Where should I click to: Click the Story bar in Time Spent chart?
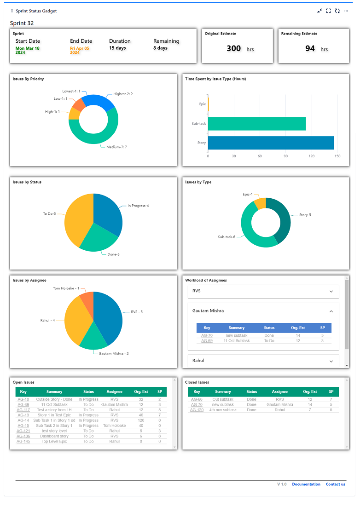(271, 143)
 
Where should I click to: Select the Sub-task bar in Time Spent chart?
(257, 123)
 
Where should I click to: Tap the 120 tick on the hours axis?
(312, 156)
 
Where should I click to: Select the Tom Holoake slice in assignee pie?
(87, 299)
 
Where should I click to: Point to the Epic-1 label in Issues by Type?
(248, 194)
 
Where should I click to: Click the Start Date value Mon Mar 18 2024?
(27, 50)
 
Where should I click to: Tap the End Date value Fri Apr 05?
(79, 50)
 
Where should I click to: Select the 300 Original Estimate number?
(234, 48)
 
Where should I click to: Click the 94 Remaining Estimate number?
(310, 48)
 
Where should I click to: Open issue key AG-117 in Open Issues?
(23, 410)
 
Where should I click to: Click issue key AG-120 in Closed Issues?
(197, 410)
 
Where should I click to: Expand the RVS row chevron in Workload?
(331, 291)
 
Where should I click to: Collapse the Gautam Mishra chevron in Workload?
(331, 311)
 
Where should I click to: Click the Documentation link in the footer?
(306, 484)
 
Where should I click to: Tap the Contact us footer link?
(335, 484)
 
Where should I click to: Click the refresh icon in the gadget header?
(337, 11)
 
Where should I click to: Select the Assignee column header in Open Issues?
(114, 391)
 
